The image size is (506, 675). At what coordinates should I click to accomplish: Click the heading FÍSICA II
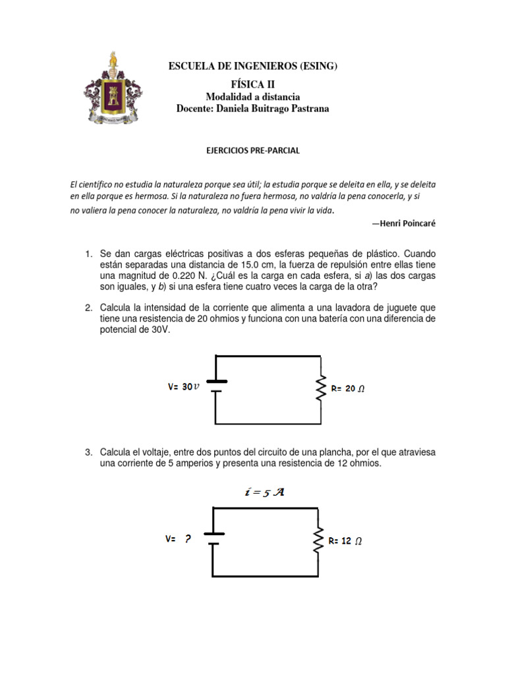click(253, 84)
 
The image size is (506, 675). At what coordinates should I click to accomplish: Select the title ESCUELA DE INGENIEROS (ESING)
click(253, 66)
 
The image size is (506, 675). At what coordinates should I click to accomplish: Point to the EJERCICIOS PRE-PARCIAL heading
click(253, 150)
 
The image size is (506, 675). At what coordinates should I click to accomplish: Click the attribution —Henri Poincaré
click(403, 223)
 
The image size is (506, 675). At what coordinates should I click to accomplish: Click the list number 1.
click(88, 254)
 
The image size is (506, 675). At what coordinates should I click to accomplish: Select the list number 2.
click(88, 308)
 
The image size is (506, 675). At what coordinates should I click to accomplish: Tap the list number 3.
click(88, 452)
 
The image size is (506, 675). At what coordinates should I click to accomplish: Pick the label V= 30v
click(183, 388)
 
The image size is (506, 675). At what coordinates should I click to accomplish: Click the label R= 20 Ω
click(347, 389)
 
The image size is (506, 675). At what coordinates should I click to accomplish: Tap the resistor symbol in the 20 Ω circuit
click(321, 389)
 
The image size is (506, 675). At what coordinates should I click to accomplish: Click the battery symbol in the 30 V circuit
click(215, 386)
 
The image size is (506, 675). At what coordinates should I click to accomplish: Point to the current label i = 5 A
click(264, 492)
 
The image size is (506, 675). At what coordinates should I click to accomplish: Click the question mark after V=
click(188, 539)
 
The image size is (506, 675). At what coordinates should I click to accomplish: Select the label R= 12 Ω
click(345, 541)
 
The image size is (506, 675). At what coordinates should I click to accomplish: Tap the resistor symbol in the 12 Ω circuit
click(318, 541)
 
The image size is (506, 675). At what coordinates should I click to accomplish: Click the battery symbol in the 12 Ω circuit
click(213, 539)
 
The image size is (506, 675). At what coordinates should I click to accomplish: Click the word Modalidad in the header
click(229, 97)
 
